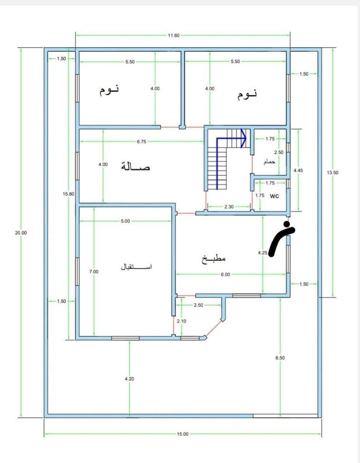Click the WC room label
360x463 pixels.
[x=274, y=196]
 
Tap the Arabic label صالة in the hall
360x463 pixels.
[x=136, y=167]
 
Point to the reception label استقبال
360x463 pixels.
[x=136, y=267]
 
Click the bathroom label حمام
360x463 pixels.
[x=269, y=162]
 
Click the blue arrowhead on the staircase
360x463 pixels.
[x=243, y=138]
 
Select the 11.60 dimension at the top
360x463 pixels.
[x=174, y=35]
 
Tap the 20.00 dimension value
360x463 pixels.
[x=21, y=233]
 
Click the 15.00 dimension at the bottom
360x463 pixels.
[x=183, y=434]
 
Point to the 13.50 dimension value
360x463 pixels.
[x=333, y=173]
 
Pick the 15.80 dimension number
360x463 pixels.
[x=69, y=194]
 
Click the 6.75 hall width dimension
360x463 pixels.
[x=141, y=141]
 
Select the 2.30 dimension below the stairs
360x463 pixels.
[x=229, y=206]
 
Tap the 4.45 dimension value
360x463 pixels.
[x=298, y=170]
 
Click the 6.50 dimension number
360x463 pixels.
[x=280, y=358]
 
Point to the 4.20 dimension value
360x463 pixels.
[x=129, y=379]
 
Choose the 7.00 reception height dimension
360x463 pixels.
[x=94, y=272]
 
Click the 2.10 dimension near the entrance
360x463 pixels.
[x=181, y=321]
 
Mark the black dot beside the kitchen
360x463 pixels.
[x=287, y=224]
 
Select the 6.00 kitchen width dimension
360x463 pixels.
[x=225, y=274]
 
